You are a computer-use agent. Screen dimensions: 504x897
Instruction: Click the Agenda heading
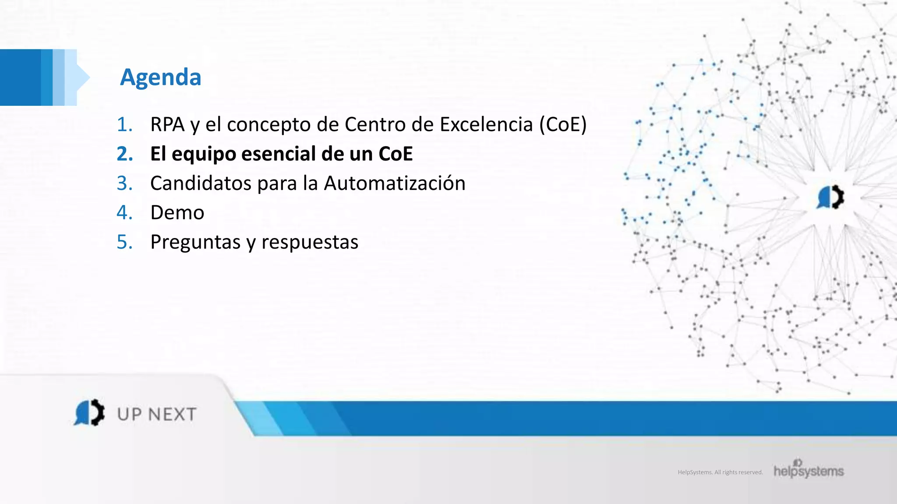pos(161,77)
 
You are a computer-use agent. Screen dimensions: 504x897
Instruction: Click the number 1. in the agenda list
pos(124,125)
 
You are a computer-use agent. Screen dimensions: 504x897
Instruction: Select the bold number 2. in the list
pos(125,154)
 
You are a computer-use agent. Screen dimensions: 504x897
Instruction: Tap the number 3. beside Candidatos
pos(124,183)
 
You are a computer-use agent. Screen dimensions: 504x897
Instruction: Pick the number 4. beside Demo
pos(124,213)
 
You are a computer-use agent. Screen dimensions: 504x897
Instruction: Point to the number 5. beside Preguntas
pos(124,242)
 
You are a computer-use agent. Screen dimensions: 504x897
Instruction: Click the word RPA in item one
pos(167,125)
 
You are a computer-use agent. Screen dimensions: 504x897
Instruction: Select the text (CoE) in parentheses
pos(563,125)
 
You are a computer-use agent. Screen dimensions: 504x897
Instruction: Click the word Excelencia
pos(486,125)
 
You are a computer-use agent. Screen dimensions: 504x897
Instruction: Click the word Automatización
pos(394,183)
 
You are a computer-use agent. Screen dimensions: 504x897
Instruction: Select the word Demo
pos(177,213)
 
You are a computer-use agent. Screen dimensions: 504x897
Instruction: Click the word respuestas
pos(310,242)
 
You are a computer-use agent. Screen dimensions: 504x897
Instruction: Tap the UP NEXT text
pos(157,414)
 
